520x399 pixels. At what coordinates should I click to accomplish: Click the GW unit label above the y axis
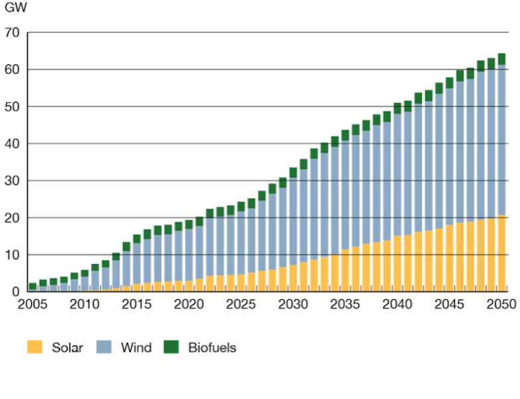click(x=14, y=11)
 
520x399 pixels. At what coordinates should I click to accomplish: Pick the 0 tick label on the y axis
click(x=15, y=292)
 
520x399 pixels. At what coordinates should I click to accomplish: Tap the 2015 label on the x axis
click(x=137, y=305)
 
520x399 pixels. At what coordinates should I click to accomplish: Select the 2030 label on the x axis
click(x=292, y=305)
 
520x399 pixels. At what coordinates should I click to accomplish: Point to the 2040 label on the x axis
click(x=397, y=305)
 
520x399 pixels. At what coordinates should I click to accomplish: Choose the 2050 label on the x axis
click(x=501, y=305)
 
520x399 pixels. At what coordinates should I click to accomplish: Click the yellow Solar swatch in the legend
click(x=35, y=347)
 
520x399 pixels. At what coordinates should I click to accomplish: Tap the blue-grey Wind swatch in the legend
click(x=104, y=347)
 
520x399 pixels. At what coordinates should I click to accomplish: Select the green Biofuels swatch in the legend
click(x=172, y=347)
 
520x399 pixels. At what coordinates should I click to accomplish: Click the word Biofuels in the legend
click(x=212, y=347)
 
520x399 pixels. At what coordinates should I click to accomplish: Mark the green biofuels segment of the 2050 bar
click(x=501, y=59)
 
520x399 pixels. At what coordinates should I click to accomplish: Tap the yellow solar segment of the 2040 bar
click(x=397, y=264)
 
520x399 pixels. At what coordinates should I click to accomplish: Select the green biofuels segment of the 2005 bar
click(x=33, y=287)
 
